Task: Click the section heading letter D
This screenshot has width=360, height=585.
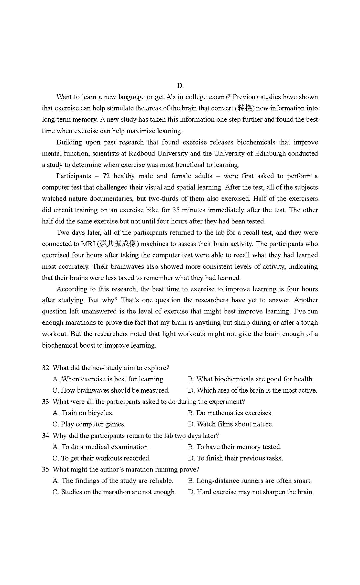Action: tap(180, 86)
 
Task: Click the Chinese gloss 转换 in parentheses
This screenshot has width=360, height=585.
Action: tap(245, 108)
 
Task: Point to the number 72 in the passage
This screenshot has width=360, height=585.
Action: tap(106, 176)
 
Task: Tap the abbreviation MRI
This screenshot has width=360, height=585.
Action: tap(88, 244)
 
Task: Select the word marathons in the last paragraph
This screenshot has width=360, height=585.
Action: tap(80, 323)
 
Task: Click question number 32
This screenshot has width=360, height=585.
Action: tap(46, 368)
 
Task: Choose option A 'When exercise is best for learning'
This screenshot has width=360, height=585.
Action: tap(109, 379)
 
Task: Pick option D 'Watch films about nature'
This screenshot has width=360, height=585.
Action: tap(230, 424)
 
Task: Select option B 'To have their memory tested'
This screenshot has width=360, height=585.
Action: tap(234, 447)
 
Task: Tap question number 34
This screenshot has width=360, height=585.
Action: tap(46, 436)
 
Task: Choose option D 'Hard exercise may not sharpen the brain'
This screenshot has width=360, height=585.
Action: tap(251, 492)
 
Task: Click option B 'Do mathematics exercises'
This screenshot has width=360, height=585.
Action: tap(230, 413)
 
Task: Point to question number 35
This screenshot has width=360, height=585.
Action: tap(46, 469)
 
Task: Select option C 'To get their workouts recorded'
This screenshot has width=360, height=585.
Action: tap(102, 458)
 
